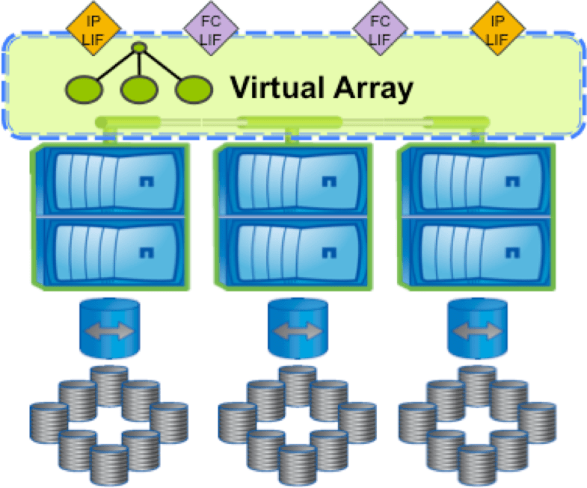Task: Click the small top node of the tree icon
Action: tap(138, 49)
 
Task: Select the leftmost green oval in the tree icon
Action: tap(84, 89)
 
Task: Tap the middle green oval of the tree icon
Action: tap(138, 89)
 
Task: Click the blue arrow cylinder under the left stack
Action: tap(110, 329)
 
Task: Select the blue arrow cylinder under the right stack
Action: tap(477, 329)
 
